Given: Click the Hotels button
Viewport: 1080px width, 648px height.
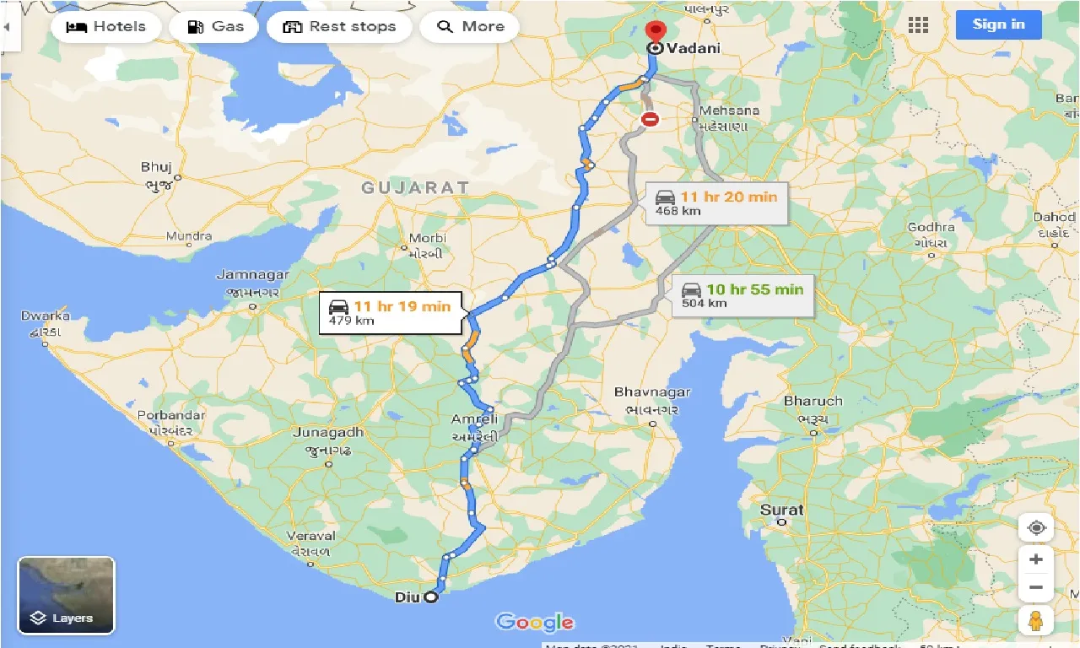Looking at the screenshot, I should click(x=105, y=26).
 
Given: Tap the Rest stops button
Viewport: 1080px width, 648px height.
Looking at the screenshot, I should click(x=339, y=26).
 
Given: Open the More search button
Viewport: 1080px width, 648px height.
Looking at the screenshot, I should click(x=470, y=26).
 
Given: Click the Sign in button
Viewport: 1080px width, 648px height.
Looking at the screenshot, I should click(x=998, y=24).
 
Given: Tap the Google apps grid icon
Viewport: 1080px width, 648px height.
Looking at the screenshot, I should click(x=918, y=24).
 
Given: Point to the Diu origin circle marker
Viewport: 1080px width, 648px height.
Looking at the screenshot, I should click(x=431, y=597).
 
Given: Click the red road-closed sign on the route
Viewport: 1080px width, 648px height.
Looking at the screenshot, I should click(x=649, y=120).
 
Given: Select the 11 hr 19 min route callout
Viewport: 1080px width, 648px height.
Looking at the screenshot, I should click(x=390, y=312).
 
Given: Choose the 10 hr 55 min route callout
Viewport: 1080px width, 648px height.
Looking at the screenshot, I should click(x=742, y=295).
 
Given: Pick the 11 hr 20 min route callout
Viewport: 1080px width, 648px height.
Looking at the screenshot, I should click(x=716, y=202).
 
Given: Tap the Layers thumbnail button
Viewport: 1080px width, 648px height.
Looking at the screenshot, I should click(x=66, y=595).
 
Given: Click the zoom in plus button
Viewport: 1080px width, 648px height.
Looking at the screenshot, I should click(x=1036, y=559).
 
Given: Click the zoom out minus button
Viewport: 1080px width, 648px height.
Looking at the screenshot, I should click(x=1036, y=587).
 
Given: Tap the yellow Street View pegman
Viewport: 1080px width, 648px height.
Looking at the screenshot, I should click(x=1036, y=620).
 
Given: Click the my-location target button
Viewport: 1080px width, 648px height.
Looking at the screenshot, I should click(x=1036, y=528).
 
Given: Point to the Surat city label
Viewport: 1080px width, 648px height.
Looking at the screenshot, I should click(x=782, y=510).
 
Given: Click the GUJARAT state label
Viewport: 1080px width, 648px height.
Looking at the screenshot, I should click(x=415, y=187).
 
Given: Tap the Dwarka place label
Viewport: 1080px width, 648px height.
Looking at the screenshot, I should click(x=46, y=316).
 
